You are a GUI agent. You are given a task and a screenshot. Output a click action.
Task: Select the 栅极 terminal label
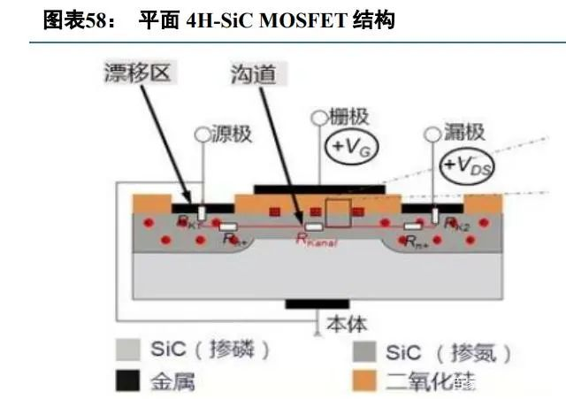(347, 116)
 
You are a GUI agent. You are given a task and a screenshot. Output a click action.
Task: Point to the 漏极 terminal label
(463, 132)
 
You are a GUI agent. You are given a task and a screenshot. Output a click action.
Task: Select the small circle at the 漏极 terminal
(433, 134)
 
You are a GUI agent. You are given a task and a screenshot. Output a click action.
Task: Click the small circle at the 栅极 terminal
(318, 116)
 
